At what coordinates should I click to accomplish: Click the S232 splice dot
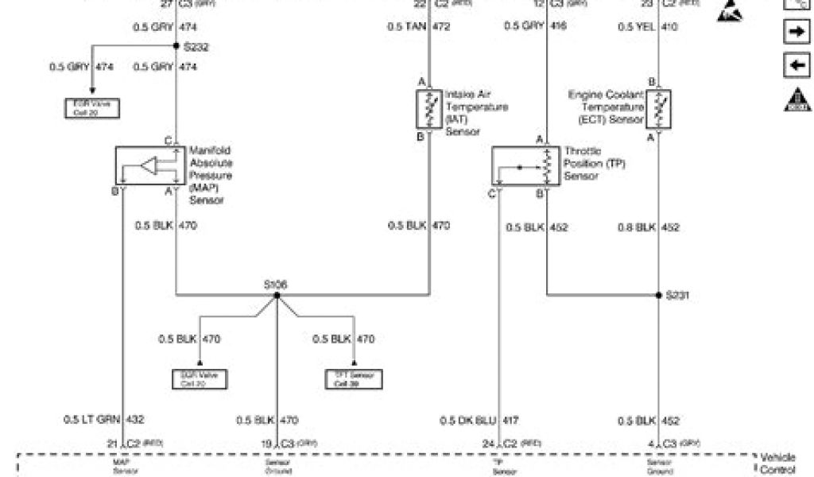176,45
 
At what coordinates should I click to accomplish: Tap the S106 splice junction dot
277,296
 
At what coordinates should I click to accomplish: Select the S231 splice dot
658,295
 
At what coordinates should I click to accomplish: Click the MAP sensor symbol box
149,167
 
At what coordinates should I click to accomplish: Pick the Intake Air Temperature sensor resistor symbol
430,109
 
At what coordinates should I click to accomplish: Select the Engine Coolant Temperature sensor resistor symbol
658,109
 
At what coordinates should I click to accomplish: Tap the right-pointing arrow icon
795,31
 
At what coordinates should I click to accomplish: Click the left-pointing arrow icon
795,65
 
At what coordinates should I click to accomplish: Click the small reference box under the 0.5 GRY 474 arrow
93,108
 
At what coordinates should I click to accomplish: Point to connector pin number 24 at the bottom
490,443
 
